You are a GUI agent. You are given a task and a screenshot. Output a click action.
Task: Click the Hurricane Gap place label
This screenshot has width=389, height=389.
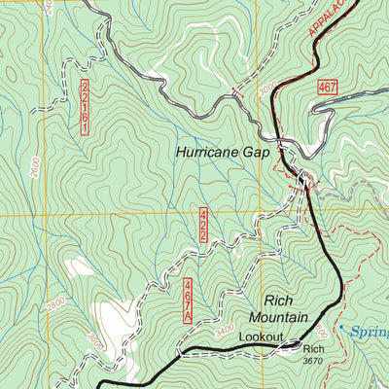227,152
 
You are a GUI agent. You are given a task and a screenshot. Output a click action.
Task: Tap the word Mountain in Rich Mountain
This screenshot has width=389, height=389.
277,318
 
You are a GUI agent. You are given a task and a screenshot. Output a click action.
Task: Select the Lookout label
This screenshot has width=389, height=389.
260,336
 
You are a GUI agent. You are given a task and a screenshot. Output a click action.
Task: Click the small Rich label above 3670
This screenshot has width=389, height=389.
312,349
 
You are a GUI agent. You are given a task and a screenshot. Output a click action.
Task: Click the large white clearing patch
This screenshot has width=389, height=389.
119,326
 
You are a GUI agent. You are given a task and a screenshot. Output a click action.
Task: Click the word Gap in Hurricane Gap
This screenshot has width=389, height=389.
265,152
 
